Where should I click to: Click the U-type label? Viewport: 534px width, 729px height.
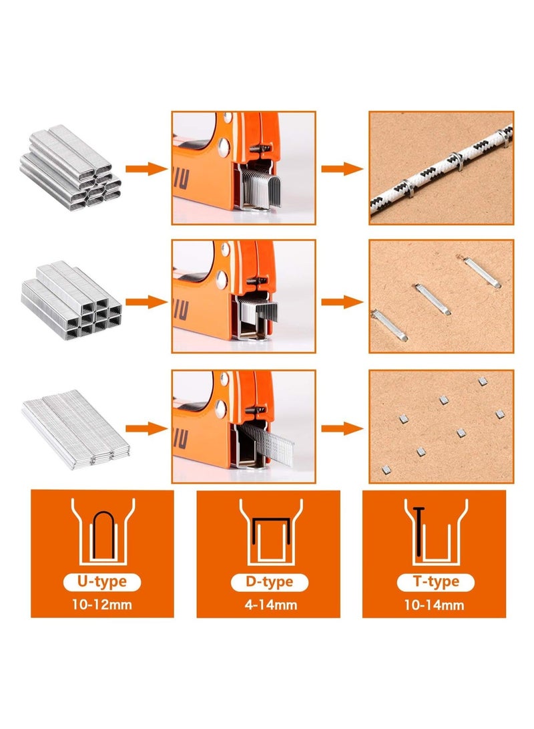click(x=102, y=581)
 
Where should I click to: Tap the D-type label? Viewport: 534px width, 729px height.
click(x=268, y=581)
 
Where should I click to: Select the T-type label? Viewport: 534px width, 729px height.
click(x=433, y=581)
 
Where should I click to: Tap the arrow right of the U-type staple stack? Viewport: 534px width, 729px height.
click(x=146, y=168)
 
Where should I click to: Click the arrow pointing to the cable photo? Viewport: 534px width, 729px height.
click(x=342, y=168)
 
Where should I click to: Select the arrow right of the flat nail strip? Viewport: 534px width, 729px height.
click(x=146, y=427)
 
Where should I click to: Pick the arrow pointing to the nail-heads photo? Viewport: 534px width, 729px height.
click(x=342, y=427)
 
